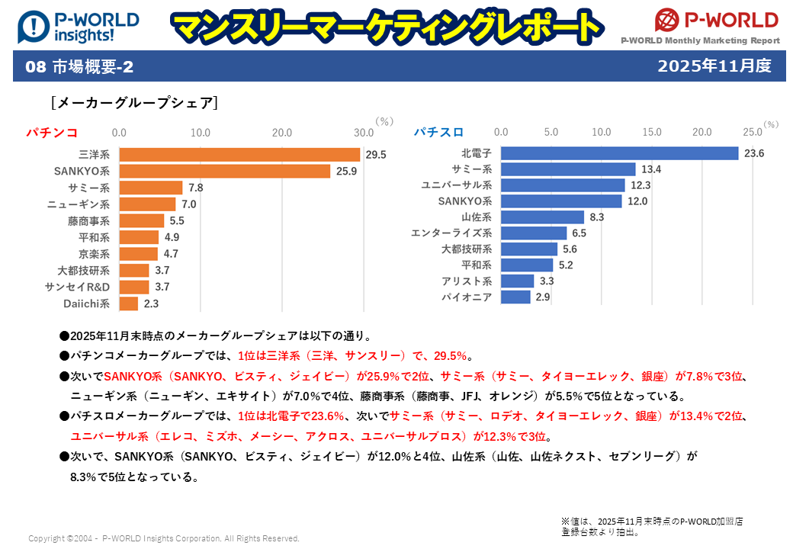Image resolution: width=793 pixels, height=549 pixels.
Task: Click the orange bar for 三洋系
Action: pos(239,155)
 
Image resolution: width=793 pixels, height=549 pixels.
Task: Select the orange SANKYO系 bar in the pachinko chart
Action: pos(224,172)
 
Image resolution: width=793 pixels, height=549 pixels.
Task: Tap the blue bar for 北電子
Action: pos(619,153)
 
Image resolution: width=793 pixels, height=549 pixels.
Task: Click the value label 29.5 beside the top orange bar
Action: pos(376,155)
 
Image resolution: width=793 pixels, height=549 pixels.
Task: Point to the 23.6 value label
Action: pos(754,153)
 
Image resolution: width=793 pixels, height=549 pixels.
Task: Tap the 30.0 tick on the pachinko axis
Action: pos(363,132)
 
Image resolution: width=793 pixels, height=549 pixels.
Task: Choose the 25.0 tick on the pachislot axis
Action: pos(752,132)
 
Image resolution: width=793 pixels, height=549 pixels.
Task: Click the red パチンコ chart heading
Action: pos(52,133)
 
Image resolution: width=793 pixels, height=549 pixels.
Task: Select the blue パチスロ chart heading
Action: pos(439,132)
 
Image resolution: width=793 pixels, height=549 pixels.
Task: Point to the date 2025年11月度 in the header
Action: pos(714,66)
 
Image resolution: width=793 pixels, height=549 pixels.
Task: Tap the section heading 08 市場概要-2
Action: pos(79,67)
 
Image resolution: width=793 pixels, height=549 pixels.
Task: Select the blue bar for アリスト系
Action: pos(517,281)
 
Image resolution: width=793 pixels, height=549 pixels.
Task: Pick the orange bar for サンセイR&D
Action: pos(134,287)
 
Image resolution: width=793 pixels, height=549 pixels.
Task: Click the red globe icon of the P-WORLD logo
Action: pos(667,20)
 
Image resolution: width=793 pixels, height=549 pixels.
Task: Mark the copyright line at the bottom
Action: pos(163,538)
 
